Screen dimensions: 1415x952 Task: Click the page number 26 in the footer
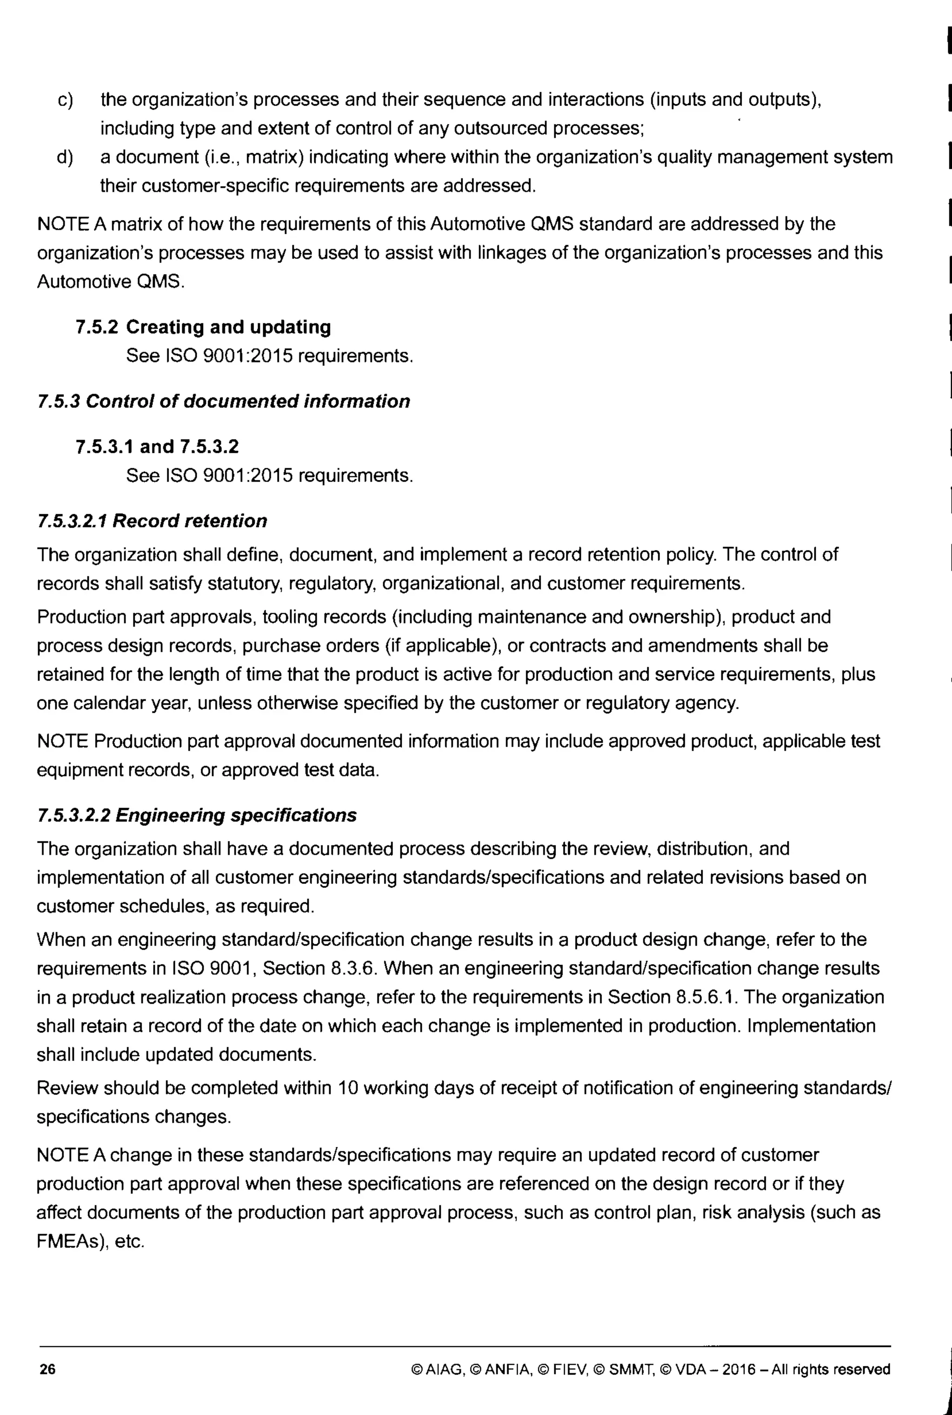tap(47, 1369)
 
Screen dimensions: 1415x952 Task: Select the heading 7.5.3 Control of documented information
tap(224, 401)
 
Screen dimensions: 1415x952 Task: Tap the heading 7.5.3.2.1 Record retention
tap(152, 521)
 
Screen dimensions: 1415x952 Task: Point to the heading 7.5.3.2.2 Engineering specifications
tap(197, 815)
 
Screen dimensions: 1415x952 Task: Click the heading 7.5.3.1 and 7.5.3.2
tap(157, 447)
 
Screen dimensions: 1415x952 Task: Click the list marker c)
tap(65, 100)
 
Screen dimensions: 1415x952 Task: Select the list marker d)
tap(65, 157)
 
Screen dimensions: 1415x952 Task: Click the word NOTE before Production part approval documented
tap(63, 741)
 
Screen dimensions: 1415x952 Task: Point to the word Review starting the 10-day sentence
tap(67, 1087)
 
